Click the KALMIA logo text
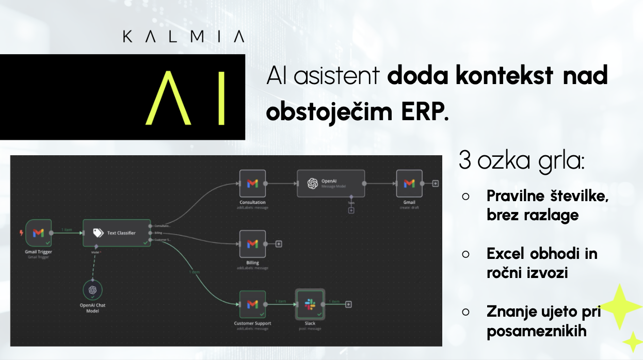point(183,37)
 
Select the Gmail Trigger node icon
point(38,233)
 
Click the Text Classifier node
point(117,233)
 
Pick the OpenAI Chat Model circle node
point(92,290)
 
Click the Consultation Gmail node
point(252,184)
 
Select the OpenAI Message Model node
point(330,184)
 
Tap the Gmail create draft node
point(409,184)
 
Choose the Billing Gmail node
point(252,243)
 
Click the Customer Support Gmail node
point(252,304)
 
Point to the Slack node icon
point(310,304)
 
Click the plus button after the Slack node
point(349,304)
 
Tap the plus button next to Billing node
point(279,243)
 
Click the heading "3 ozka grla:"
point(521,162)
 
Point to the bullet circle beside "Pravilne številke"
point(465,197)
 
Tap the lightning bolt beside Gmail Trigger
point(21,233)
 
